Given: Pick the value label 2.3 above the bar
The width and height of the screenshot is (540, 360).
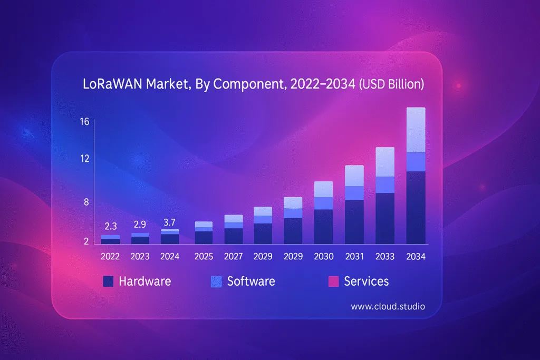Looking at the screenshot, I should [x=111, y=226].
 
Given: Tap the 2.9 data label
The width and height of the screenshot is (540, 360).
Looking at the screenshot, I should [x=140, y=224].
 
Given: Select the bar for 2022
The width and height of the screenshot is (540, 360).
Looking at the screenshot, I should [x=111, y=240].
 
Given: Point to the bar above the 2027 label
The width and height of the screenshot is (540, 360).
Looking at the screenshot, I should [x=234, y=229].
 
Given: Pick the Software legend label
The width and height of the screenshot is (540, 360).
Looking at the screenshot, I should [x=251, y=281].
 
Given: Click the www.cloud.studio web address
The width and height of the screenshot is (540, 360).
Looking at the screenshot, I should [x=388, y=306].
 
